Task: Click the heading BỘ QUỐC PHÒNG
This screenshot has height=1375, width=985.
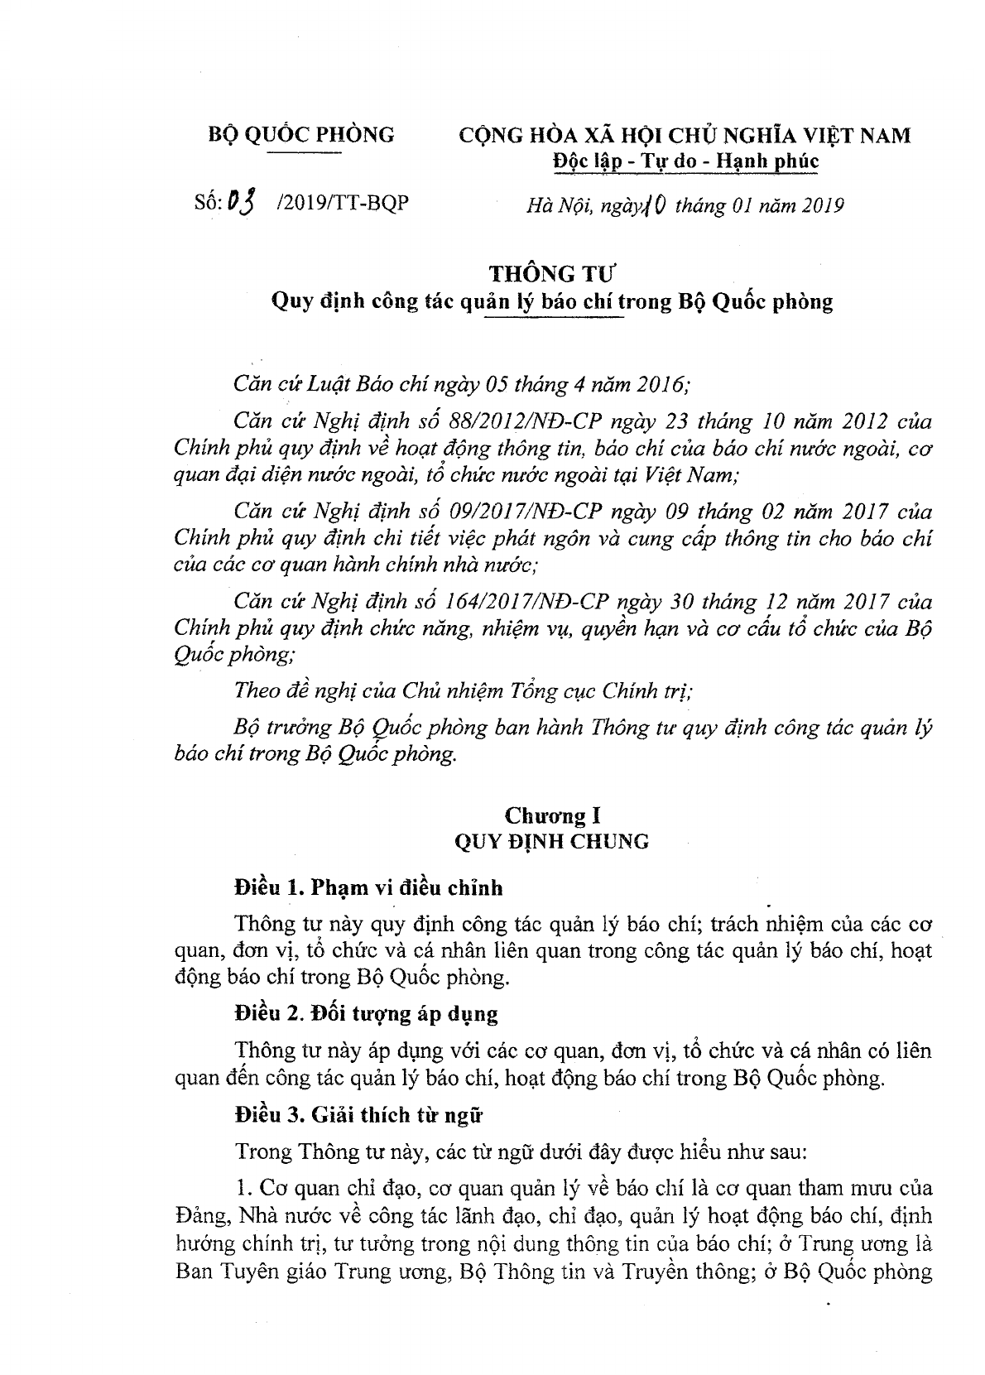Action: coord(300,134)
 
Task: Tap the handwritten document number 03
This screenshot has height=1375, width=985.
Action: coord(242,202)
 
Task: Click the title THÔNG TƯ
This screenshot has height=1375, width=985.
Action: coord(552,274)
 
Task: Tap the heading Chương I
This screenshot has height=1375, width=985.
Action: coord(552,816)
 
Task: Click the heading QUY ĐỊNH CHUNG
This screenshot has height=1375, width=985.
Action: coord(552,842)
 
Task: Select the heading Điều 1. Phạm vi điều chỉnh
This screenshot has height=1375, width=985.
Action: coord(368,888)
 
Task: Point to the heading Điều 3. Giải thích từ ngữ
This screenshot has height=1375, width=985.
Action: coord(358,1115)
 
